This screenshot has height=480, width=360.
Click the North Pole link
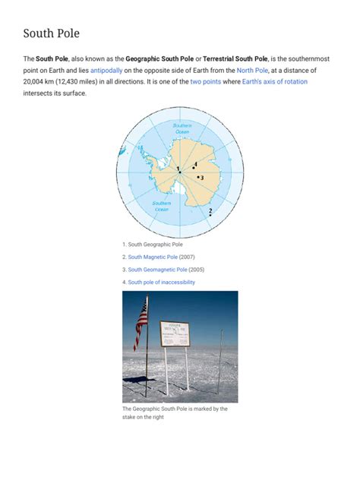[251, 70]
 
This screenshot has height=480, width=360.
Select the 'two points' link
[206, 81]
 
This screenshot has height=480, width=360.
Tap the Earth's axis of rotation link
[275, 81]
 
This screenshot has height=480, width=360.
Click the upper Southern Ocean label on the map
[182, 128]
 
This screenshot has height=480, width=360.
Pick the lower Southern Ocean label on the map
[162, 206]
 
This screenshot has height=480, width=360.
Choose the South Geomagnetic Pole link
[157, 270]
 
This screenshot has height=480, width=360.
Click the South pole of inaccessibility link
[161, 282]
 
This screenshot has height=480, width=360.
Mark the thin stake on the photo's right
[220, 361]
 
